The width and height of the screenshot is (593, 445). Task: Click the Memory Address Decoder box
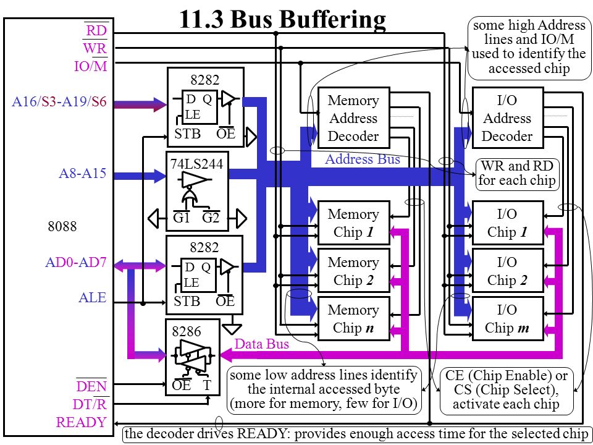tap(353, 117)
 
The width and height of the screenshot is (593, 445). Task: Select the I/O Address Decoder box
tap(508, 117)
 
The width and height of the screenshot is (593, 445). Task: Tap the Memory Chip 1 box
tap(353, 223)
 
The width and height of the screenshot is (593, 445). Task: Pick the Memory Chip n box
tap(353, 319)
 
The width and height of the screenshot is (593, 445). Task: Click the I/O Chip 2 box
tap(508, 271)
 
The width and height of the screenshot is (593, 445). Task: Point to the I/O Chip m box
tap(508, 319)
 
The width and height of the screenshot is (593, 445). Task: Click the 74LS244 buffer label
tap(196, 163)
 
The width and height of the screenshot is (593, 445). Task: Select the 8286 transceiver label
tap(186, 331)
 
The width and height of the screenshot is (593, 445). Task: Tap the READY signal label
tap(82, 422)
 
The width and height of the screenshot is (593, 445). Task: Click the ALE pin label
tap(92, 297)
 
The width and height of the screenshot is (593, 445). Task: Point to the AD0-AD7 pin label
tap(75, 262)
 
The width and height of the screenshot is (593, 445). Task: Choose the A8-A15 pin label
tap(82, 173)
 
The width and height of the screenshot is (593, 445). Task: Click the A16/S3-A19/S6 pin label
tap(59, 102)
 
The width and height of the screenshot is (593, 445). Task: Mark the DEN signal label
tap(91, 386)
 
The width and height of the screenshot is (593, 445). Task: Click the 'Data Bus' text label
tap(262, 344)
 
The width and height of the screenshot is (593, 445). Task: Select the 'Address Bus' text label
tap(363, 159)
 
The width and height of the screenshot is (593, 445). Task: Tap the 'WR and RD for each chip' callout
tap(516, 173)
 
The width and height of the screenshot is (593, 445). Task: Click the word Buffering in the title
tap(308, 19)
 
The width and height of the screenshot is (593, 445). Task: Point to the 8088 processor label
tap(62, 226)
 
